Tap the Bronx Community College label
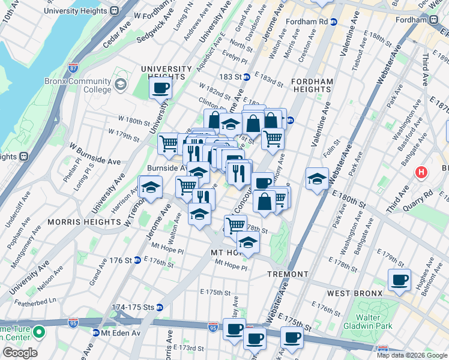77,85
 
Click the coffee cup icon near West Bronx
399,280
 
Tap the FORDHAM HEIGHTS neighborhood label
312,85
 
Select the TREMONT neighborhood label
288,274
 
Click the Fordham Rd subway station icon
334,22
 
